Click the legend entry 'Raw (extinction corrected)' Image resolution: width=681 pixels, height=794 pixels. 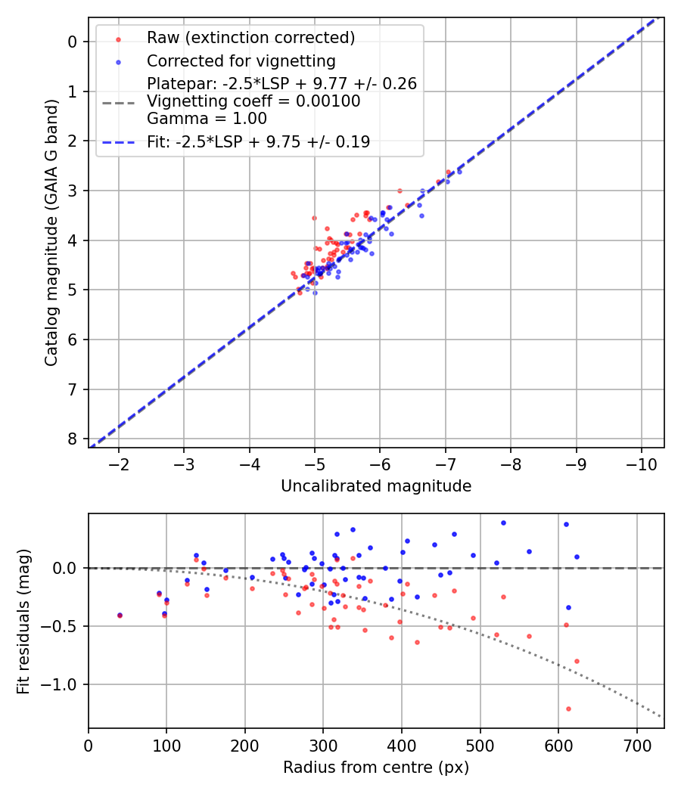coord(250,37)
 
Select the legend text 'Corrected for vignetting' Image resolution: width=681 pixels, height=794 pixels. coord(241,60)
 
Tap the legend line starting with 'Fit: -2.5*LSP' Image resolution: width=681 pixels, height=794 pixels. coord(258,141)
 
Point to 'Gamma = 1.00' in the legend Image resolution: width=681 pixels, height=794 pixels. coord(207,118)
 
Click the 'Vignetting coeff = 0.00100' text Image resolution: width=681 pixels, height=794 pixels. coord(253,101)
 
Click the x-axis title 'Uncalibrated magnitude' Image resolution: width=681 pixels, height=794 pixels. coord(376,486)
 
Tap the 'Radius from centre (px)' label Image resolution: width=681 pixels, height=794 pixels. coord(376,768)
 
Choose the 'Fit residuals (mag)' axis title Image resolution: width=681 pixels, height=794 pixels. coord(23,621)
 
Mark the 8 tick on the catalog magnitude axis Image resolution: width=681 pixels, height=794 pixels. coord(73,439)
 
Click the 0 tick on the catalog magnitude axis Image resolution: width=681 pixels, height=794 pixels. coord(73,42)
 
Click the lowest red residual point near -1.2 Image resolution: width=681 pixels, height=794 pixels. coord(568,709)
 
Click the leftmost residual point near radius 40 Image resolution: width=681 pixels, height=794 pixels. coord(120,616)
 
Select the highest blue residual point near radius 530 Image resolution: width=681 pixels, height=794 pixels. coord(503,523)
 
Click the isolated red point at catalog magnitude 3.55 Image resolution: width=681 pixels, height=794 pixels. coord(314,218)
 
